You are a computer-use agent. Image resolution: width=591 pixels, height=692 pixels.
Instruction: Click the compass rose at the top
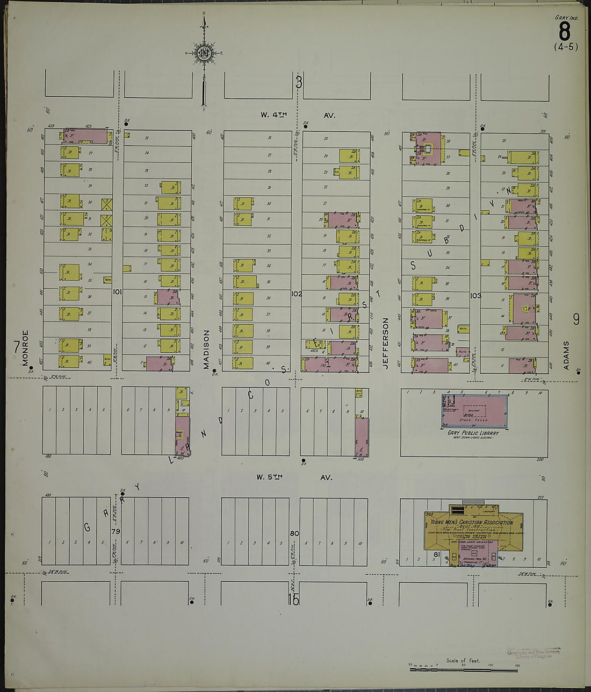pyautogui.click(x=204, y=53)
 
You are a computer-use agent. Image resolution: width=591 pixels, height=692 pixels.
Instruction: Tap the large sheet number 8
pyautogui.click(x=564, y=32)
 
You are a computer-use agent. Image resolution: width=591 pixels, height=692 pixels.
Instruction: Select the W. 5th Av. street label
pyautogui.click(x=294, y=477)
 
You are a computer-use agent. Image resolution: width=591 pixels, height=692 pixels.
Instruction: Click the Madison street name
pyautogui.click(x=206, y=349)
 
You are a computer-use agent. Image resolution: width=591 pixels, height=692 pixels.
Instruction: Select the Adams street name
pyautogui.click(x=565, y=355)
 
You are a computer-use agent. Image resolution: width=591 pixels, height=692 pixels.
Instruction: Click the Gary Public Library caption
pyautogui.click(x=473, y=433)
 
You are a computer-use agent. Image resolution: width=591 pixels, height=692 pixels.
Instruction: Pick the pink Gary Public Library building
pyautogui.click(x=474, y=411)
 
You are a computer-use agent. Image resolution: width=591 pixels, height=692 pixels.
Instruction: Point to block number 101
pyautogui.click(x=117, y=292)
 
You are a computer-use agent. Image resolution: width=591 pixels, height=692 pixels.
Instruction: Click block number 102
pyautogui.click(x=296, y=294)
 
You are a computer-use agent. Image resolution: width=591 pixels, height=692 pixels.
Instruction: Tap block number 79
pyautogui.click(x=115, y=531)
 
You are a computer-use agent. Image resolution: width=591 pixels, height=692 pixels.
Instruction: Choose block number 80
pyautogui.click(x=294, y=533)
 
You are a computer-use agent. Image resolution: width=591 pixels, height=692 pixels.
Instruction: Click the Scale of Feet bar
pyautogui.click(x=463, y=669)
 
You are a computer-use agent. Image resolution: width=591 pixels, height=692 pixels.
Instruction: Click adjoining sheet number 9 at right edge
pyautogui.click(x=576, y=319)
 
